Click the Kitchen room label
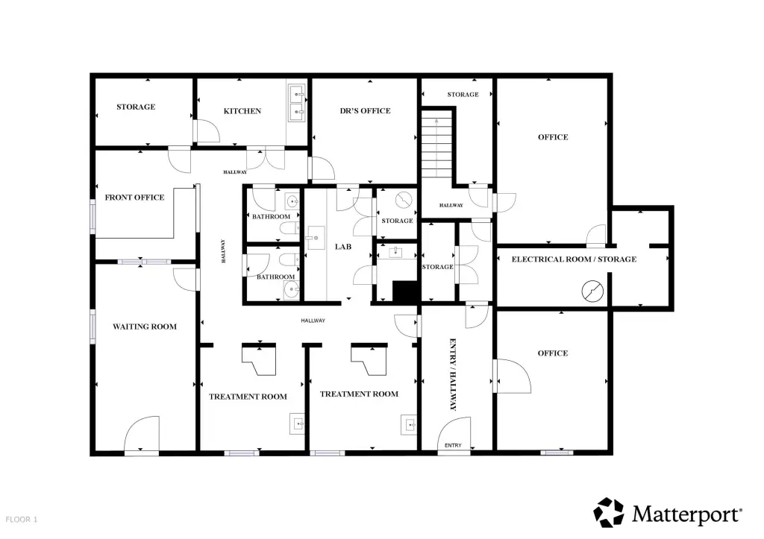pos(242,111)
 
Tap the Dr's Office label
pos(365,111)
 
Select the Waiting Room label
pos(145,327)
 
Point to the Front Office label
pos(134,198)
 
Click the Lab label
pos(343,247)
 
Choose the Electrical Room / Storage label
pos(574,259)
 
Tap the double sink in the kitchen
pos(297,103)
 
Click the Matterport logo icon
pos(609,512)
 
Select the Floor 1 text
pos(22,520)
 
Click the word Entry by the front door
pos(453,446)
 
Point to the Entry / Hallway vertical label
pos(453,374)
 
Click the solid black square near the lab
pos(406,291)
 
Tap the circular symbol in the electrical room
pos(592,291)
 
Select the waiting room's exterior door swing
pos(142,435)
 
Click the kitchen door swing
pos(207,130)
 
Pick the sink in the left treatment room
pos(297,423)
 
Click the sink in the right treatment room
pos(409,425)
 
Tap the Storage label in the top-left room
pos(136,107)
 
